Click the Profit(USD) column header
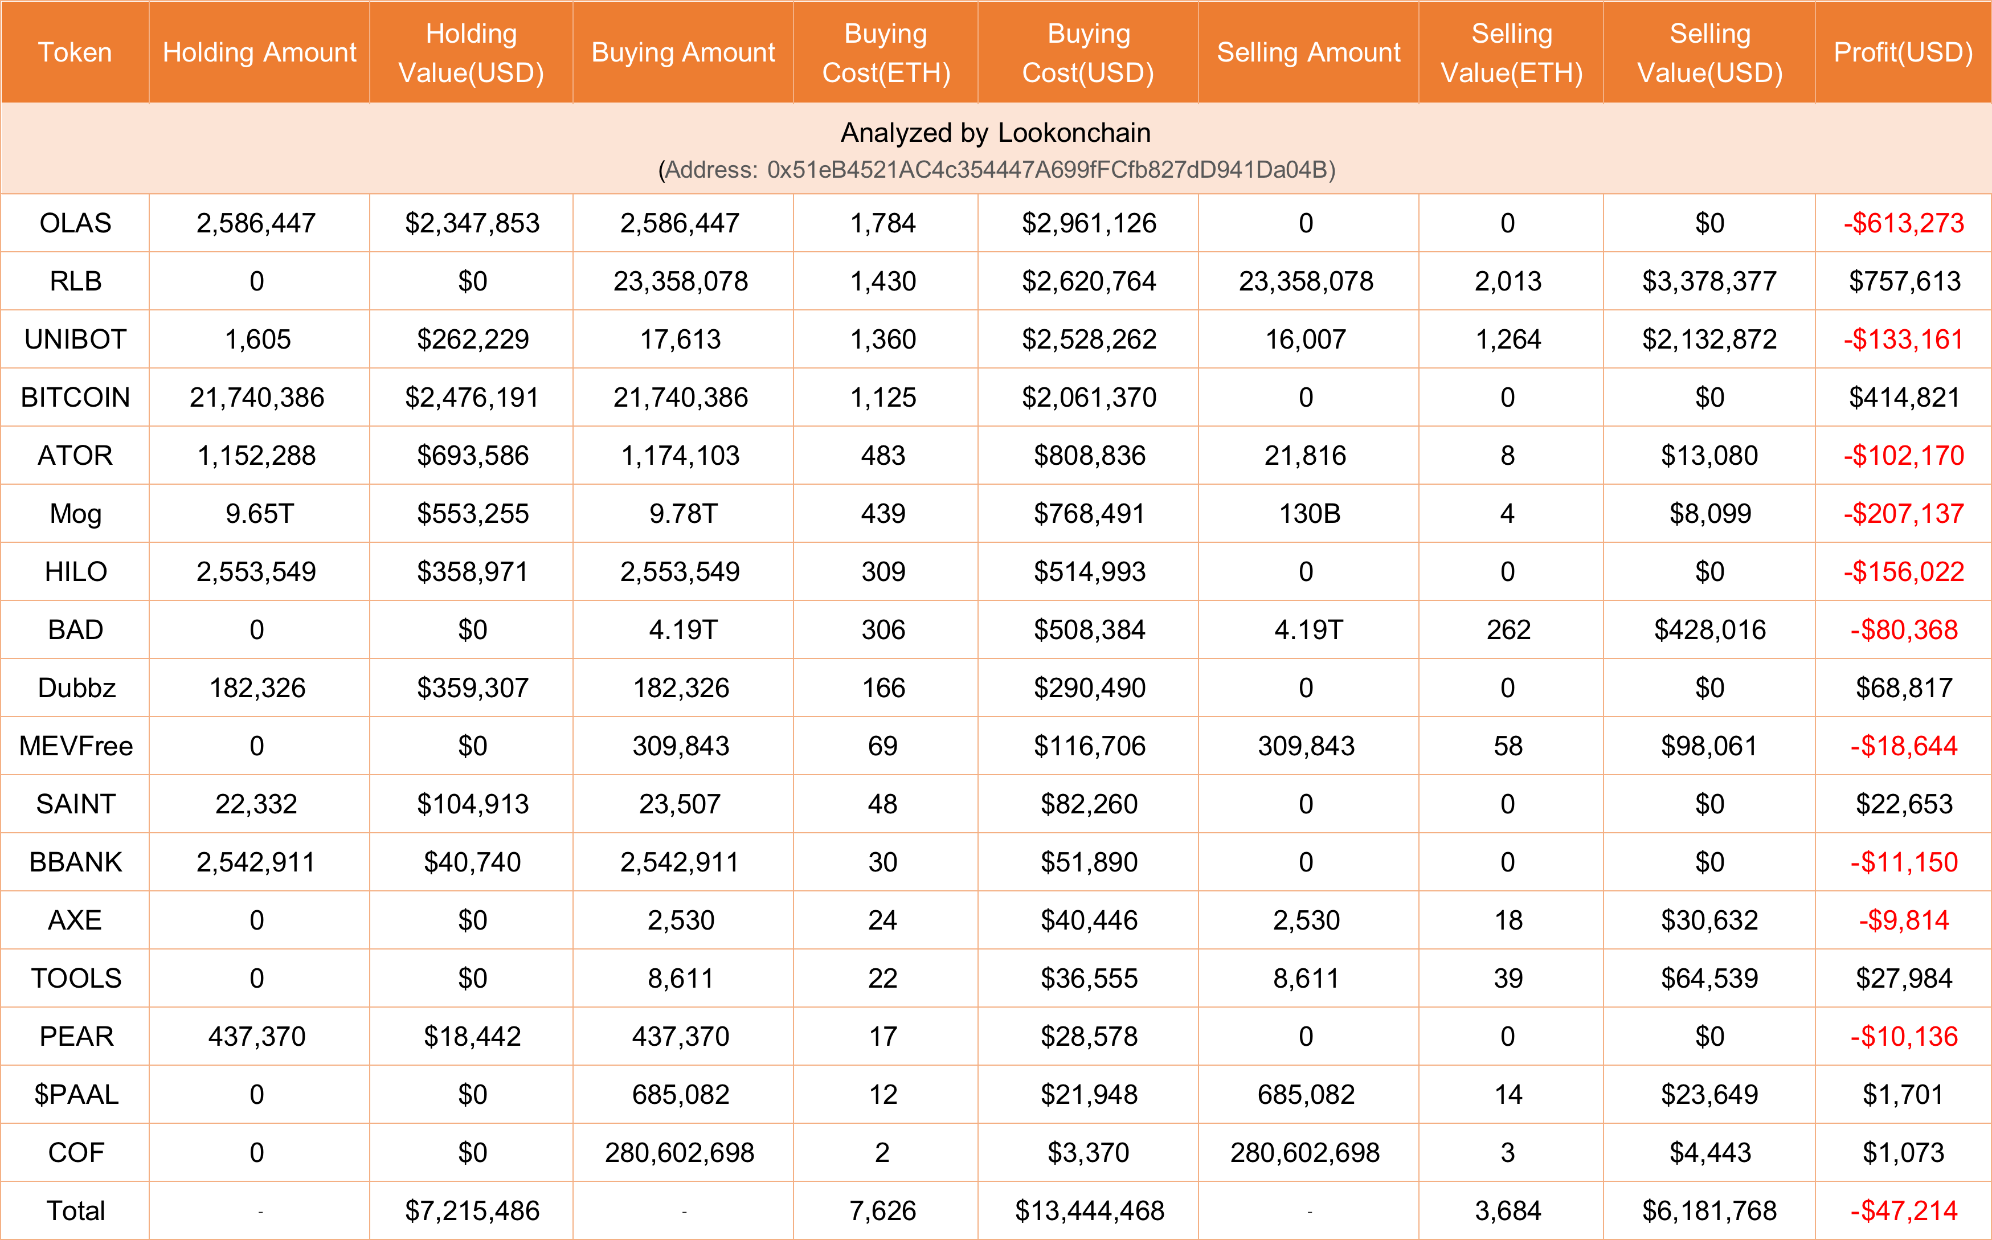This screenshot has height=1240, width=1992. point(1903,52)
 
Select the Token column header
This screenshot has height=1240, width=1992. point(75,52)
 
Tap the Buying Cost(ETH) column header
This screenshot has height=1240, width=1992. point(886,52)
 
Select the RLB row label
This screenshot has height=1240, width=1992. point(75,281)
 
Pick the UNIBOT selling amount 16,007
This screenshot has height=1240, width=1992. point(1306,339)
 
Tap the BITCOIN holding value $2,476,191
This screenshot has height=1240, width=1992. point(472,398)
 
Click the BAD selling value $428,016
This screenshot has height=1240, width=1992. point(1709,630)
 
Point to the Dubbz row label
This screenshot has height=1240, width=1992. point(76,688)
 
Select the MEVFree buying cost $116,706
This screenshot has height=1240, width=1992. point(1089,746)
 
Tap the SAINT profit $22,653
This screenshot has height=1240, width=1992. point(1904,804)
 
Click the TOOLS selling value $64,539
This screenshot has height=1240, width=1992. point(1709,979)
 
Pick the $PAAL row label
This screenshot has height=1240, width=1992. point(76,1095)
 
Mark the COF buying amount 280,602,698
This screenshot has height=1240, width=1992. point(680,1153)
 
